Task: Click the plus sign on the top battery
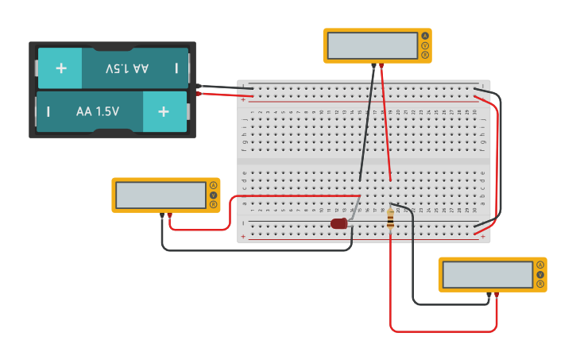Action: pos(61,68)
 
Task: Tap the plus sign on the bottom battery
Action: pos(163,111)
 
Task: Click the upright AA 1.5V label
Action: pos(98,111)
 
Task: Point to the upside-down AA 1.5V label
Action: pos(127,68)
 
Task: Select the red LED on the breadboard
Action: pos(339,223)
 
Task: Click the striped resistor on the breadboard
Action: pos(390,219)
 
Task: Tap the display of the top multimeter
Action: pos(372,45)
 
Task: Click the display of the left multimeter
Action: pos(160,195)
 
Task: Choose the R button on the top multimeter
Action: pos(425,55)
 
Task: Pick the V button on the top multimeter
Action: pos(425,45)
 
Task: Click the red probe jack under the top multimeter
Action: pos(381,65)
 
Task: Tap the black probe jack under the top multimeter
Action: pos(373,65)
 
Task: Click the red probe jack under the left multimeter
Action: pos(169,215)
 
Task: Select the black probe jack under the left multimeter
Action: pos(161,215)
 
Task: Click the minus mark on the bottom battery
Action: pos(48,111)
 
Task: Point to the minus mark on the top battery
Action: pos(176,68)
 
